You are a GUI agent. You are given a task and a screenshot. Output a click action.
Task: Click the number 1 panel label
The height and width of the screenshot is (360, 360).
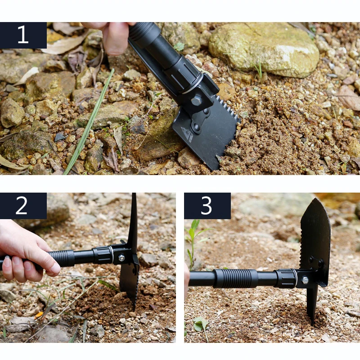click(x=23, y=35)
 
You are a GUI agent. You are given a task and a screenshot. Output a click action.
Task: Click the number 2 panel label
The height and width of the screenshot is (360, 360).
click(x=23, y=206)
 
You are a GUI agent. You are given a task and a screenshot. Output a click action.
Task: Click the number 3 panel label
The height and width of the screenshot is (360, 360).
click(x=207, y=206)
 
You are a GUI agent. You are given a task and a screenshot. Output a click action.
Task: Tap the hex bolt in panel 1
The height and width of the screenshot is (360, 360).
click(x=196, y=101)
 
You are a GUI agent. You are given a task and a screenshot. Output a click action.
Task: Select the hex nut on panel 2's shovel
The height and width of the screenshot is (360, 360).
click(x=121, y=258)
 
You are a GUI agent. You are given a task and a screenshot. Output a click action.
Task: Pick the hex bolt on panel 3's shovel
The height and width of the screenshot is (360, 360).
click(x=305, y=280)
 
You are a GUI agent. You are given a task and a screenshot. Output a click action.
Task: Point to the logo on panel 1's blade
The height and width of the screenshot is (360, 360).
click(x=186, y=135)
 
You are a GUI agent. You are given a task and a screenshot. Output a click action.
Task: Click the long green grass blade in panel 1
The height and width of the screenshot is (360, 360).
click(x=89, y=122)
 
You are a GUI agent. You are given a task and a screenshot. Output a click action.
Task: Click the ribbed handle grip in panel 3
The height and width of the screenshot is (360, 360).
click(x=235, y=279)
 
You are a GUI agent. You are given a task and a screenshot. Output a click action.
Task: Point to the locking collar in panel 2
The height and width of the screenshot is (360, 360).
click(x=103, y=255)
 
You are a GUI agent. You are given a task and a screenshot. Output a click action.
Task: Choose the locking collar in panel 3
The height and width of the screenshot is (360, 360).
click(x=286, y=279)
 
